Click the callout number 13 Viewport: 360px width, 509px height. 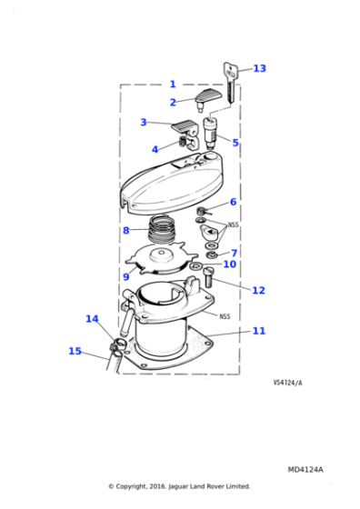point(259,68)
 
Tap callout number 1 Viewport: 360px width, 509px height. point(173,84)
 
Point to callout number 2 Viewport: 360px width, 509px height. point(173,103)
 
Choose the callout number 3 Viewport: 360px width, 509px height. point(143,122)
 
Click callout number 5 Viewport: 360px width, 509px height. point(235,143)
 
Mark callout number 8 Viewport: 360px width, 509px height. point(125,230)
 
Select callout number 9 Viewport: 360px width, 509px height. point(125,276)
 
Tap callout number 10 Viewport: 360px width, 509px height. point(229,264)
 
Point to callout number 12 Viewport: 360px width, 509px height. point(258,290)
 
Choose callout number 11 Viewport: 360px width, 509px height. point(258,331)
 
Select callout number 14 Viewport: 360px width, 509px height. point(92,319)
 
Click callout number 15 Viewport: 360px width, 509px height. point(75,351)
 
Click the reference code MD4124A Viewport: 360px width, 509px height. point(305,469)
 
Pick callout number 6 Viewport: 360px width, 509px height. point(233,202)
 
